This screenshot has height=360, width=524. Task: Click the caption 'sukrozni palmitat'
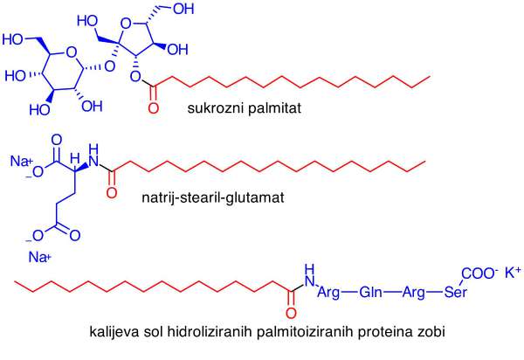coord(245,108)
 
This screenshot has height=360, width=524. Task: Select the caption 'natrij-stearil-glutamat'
coord(213,197)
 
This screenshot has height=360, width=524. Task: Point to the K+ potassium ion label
coord(513,273)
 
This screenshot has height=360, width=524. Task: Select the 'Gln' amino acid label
coord(370,293)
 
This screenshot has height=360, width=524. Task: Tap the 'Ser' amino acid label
coord(455,293)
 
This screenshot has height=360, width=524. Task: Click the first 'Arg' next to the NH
coord(328,293)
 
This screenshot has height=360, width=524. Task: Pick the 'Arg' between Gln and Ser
coord(414,293)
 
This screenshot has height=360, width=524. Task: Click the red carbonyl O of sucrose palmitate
coord(154,108)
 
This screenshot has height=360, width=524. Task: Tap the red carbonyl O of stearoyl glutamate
coord(112,193)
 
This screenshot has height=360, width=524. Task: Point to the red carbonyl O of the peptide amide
coord(291,313)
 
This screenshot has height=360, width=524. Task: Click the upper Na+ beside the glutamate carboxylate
coord(21,161)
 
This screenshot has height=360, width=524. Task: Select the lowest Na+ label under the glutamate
coord(40,257)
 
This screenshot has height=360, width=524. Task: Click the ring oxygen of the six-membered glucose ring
coord(72,52)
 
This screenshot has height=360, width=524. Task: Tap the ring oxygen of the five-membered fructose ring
coord(126,24)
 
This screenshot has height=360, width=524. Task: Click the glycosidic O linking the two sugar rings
coord(110,66)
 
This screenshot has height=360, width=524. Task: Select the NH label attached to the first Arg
coord(310,275)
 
